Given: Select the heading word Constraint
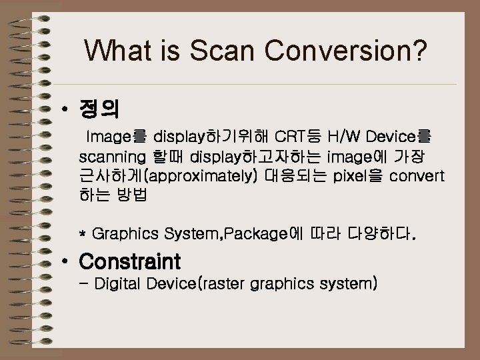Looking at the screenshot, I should (129, 260).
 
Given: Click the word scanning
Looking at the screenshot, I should (112, 158).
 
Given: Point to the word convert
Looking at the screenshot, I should (417, 177).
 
